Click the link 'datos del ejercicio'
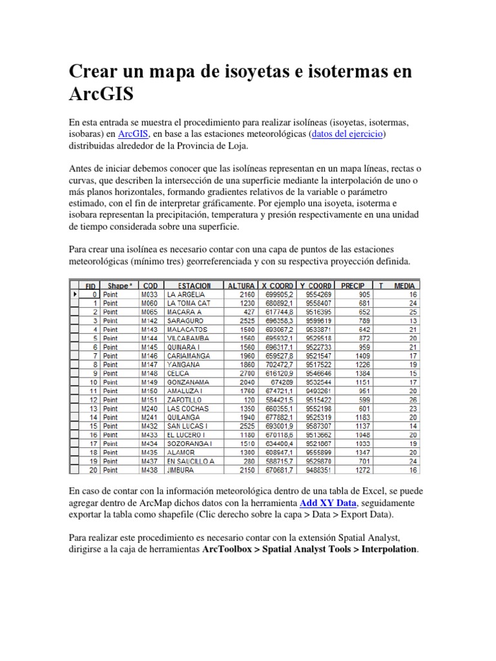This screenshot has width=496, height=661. point(348,134)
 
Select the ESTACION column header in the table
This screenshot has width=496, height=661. point(194,285)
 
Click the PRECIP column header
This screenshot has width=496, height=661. point(353,285)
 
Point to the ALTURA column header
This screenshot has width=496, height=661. point(241,285)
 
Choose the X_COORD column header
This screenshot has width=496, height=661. point(278,285)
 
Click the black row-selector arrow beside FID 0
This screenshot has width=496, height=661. point(75,294)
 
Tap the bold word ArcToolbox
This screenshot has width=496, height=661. point(232,549)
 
